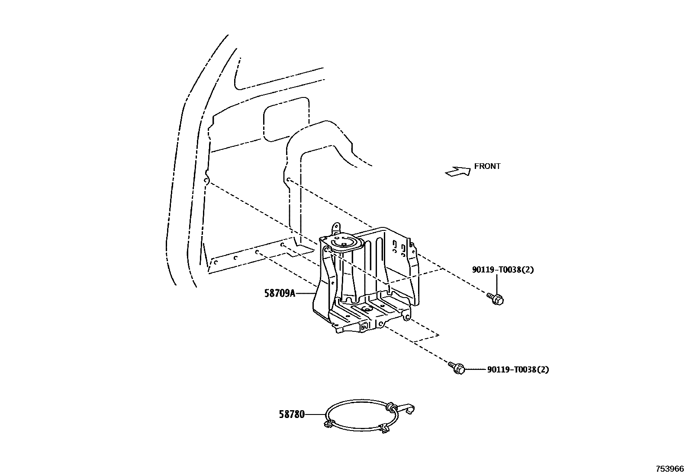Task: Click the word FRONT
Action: [x=487, y=166]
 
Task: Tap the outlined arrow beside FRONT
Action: [x=458, y=172]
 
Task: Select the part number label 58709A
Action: [x=280, y=294]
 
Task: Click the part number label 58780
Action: [x=291, y=414]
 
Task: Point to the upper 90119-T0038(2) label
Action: [x=503, y=270]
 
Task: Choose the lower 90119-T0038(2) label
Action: [x=518, y=370]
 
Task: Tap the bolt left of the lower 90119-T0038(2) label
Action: [x=457, y=369]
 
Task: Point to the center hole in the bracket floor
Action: [x=366, y=309]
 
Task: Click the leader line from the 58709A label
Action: [x=305, y=294]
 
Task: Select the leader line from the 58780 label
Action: [x=315, y=414]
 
